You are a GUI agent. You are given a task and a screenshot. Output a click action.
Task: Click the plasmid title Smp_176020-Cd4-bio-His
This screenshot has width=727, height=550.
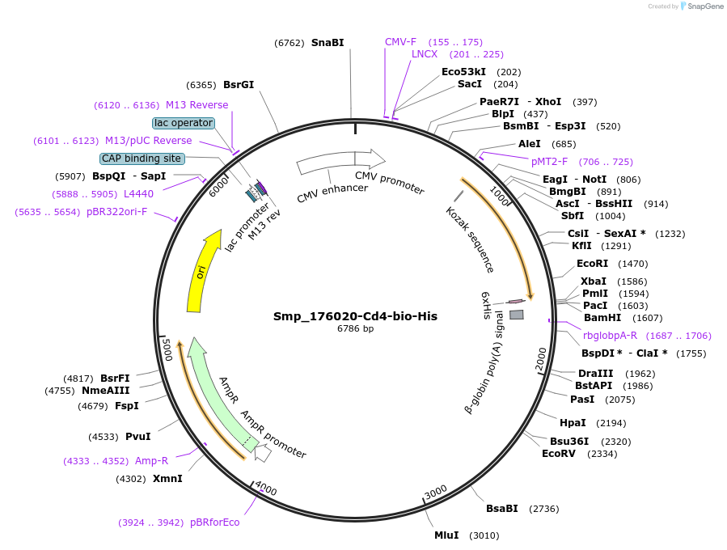pos(355,315)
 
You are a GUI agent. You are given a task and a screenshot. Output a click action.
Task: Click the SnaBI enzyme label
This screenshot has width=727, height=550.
pos(328,43)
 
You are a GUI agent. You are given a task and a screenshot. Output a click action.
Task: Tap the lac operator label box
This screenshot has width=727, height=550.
pos(184,123)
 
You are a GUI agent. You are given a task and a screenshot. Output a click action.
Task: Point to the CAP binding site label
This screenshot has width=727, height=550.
pos(142,159)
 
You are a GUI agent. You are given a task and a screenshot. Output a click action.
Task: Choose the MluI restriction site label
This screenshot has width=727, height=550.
pos(446,535)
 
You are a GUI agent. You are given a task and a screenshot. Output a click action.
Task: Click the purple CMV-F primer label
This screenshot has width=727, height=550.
pos(400,41)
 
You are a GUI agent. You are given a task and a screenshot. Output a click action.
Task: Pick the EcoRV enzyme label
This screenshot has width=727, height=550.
pos(558,454)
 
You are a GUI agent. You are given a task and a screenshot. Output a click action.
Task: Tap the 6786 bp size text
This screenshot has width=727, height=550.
pos(355,329)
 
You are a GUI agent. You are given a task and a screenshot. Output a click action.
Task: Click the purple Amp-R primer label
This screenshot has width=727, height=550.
pos(151,461)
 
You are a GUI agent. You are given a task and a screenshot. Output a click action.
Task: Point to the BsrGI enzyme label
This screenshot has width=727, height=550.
pos(239,84)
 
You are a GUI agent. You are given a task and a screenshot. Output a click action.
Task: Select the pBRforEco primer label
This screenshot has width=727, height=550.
pos(214,522)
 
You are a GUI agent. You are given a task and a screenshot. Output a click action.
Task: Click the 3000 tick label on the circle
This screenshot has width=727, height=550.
pos(436,492)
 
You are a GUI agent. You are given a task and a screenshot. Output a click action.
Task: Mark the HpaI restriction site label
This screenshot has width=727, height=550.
pos(573,423)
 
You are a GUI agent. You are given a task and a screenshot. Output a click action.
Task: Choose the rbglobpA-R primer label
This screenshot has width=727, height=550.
pos(610,335)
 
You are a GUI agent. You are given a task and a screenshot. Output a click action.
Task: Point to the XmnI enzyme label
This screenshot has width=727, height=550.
pos(167,479)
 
